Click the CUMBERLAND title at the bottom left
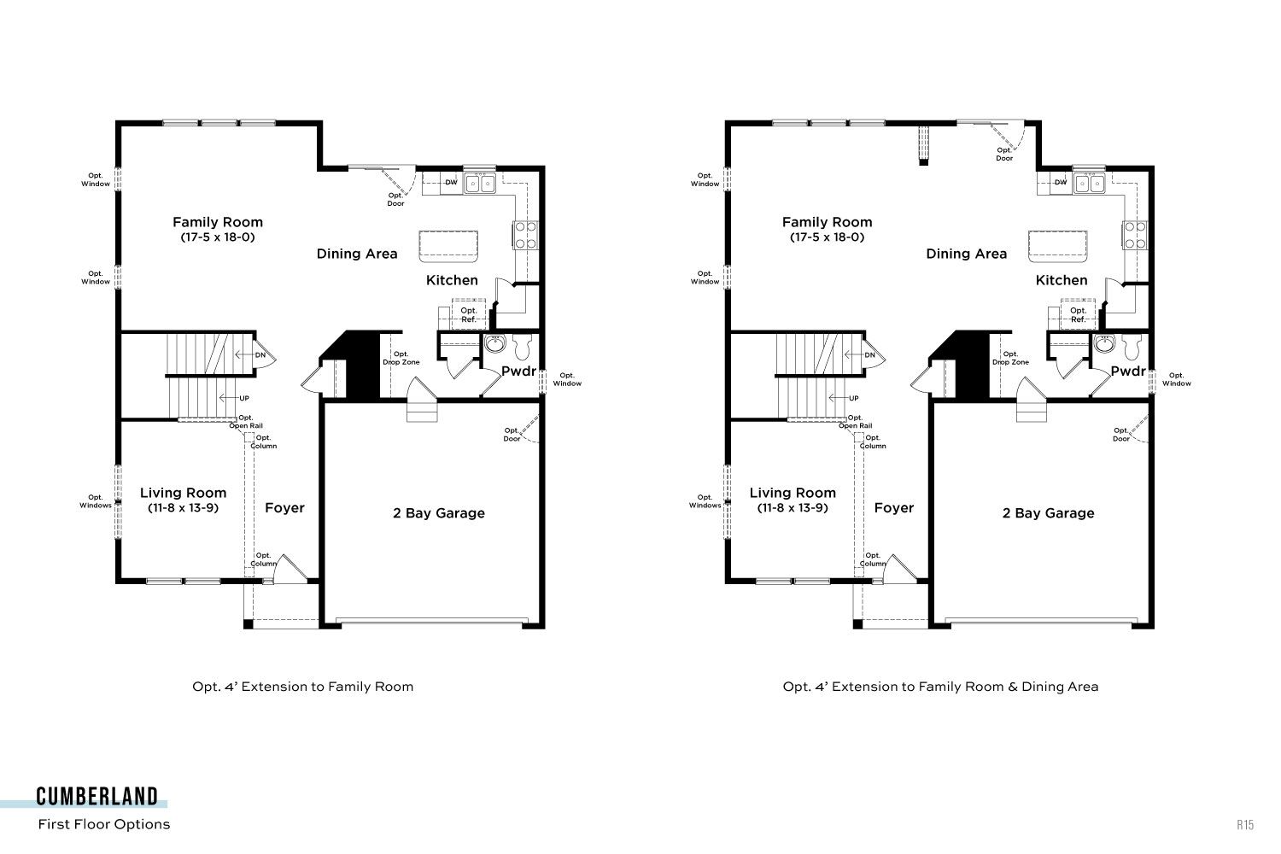tap(97, 796)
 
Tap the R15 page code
tap(1245, 825)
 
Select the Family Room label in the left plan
tap(218, 222)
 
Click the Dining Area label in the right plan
tap(967, 254)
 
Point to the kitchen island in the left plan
tap(448, 247)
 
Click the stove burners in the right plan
tap(1134, 236)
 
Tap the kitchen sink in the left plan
tap(480, 184)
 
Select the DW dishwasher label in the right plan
tap(1061, 183)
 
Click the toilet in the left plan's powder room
tap(523, 347)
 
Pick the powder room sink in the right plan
tap(1105, 344)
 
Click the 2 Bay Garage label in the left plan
tap(439, 513)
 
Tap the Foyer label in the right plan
tap(894, 508)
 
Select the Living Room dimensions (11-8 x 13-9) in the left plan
tap(183, 508)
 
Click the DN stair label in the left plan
tap(260, 355)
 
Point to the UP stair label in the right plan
tap(854, 398)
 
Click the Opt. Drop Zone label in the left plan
tap(401, 358)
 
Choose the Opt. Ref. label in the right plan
tap(1078, 315)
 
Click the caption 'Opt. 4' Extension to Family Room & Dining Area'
tap(941, 687)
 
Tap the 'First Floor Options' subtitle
tap(104, 824)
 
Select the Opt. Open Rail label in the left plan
tap(246, 422)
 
